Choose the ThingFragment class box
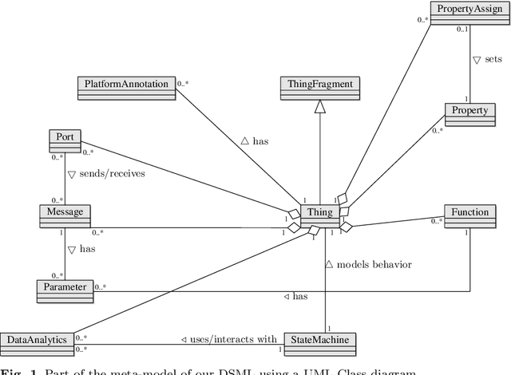[319, 85]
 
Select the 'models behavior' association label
[369, 265]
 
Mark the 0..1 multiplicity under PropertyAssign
[461, 30]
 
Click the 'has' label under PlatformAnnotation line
[255, 140]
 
